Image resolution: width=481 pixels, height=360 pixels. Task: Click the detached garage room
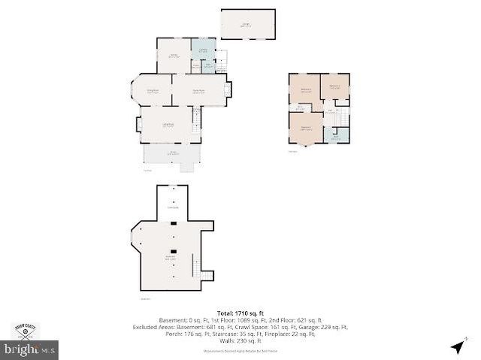(247, 25)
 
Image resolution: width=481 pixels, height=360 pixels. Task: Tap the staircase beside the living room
(198, 121)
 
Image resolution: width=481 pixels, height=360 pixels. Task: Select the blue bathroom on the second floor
(337, 135)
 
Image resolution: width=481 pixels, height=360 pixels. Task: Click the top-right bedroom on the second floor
(335, 86)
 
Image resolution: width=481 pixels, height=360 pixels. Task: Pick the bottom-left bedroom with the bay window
(306, 129)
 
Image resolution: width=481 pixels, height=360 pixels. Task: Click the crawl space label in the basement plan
(172, 207)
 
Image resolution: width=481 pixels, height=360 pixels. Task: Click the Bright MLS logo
(29, 349)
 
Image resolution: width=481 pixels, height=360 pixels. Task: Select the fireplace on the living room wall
(138, 125)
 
